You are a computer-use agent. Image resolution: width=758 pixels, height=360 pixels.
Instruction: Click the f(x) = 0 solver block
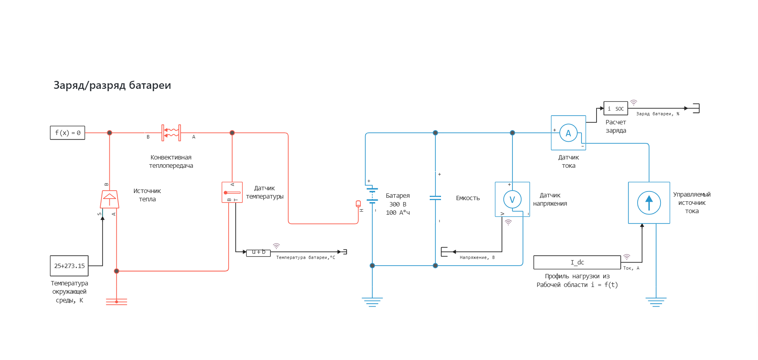point(68,133)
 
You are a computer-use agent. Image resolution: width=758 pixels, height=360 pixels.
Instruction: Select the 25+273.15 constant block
point(69,266)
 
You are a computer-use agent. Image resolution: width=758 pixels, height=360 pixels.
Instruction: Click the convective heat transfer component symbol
point(171,133)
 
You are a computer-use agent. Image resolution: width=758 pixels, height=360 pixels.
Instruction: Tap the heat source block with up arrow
point(109,199)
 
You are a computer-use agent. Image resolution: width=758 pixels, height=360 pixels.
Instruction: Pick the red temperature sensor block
point(232,192)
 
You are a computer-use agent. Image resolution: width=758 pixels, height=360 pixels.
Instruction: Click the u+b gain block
point(259,252)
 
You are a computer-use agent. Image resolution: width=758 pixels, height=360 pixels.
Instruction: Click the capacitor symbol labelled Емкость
point(435,197)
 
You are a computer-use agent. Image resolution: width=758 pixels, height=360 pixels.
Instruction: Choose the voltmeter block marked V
point(512,199)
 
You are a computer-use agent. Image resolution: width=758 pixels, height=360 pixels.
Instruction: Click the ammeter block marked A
point(568,133)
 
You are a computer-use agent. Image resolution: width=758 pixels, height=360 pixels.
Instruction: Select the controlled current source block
point(649,202)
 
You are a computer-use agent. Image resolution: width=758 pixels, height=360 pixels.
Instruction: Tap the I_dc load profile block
point(577,262)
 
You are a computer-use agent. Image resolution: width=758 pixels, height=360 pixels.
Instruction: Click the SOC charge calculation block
point(615,109)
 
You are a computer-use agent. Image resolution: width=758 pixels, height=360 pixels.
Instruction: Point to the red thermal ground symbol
point(116,302)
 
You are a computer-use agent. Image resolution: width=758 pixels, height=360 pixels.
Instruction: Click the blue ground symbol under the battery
point(372,302)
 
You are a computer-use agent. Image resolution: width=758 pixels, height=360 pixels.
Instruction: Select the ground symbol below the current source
point(656,302)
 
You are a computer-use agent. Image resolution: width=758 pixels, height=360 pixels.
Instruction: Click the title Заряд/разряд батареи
point(112,85)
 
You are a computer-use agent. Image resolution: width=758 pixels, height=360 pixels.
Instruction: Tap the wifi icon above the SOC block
point(634,102)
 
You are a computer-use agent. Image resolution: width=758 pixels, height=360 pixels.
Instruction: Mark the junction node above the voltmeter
point(512,133)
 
